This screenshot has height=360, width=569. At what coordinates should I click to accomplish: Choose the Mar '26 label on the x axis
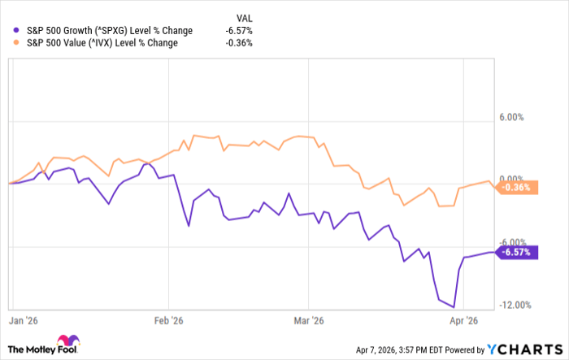tap(307, 320)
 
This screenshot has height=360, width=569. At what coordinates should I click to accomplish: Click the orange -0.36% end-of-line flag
tap(515, 186)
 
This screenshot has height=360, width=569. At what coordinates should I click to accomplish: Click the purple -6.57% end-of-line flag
tap(515, 251)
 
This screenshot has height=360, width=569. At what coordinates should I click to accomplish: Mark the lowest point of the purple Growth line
tap(453, 307)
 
